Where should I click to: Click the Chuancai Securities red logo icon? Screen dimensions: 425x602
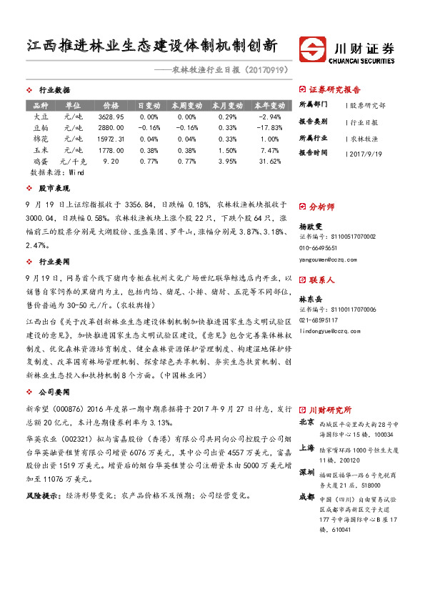tap(314, 49)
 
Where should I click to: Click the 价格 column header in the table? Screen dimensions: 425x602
tap(111, 105)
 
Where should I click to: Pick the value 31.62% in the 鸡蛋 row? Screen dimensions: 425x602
tap(269, 162)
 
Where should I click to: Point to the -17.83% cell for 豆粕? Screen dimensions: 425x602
tap(269, 128)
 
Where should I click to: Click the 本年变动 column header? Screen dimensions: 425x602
tap(269, 105)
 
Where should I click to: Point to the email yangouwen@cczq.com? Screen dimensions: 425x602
tap(329, 259)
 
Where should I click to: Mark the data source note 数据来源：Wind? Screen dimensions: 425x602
tap(51, 172)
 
